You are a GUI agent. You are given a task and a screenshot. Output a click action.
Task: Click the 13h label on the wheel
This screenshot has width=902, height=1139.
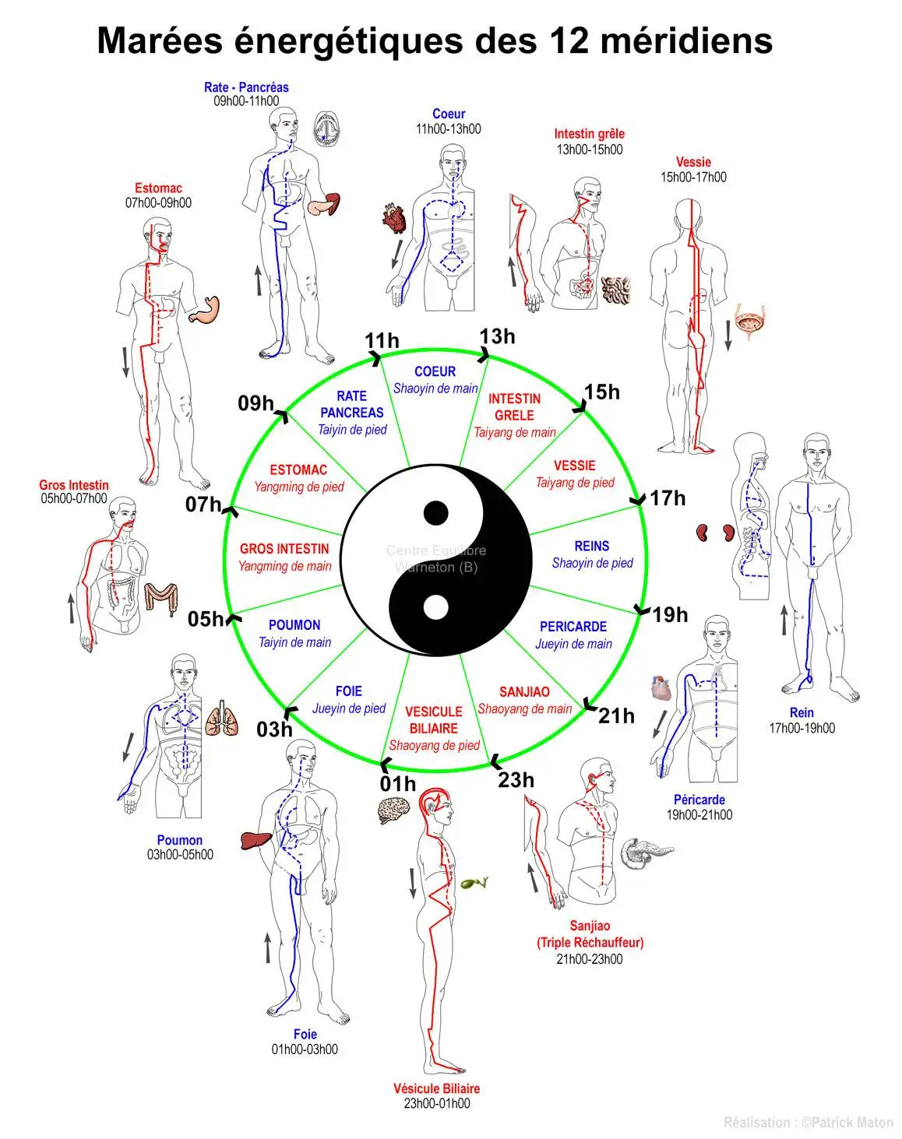pos(497,336)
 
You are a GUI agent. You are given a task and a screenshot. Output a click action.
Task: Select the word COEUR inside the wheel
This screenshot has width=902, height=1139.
pos(435,371)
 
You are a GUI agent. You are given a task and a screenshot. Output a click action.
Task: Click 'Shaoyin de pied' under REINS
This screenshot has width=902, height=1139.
pos(592,563)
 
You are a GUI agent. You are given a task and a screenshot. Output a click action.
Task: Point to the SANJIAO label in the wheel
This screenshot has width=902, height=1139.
pos(524,692)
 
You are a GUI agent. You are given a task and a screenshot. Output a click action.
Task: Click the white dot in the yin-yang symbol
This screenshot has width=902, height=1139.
pos(436,607)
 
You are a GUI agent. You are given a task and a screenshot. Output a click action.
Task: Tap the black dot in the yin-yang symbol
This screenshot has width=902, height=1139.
pos(436,512)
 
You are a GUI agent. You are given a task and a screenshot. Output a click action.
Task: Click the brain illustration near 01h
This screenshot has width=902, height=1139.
pos(394,811)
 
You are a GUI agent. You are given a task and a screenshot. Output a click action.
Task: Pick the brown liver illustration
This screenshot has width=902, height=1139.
pos(256,841)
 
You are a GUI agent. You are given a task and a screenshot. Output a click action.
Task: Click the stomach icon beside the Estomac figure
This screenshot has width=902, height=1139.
pos(204,310)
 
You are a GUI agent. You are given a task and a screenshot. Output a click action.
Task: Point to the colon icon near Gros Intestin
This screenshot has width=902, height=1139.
pos(160,599)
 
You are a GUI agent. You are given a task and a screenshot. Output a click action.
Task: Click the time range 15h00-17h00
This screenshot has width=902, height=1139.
pos(692,178)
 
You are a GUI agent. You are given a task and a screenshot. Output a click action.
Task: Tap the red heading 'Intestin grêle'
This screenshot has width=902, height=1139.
pos(589,134)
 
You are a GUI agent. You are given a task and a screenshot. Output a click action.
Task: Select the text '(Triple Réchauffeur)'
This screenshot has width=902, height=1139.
pos(590,943)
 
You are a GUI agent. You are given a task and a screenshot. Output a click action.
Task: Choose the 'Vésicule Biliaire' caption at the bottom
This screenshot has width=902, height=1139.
pos(436,1088)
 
